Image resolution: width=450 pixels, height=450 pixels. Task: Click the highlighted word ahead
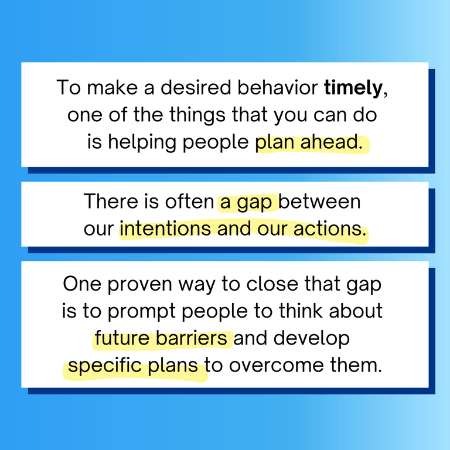pyautogui.click(x=332, y=142)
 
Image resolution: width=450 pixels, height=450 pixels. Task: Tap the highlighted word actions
pyautogui.click(x=328, y=229)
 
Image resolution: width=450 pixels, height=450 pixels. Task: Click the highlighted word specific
pyautogui.click(x=102, y=366)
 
